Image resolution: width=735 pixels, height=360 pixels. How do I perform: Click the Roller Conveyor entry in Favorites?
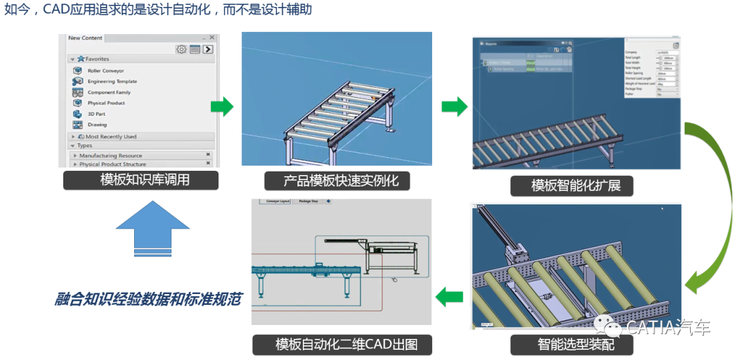point(105,71)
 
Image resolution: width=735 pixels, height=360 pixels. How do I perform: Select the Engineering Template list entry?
point(112,82)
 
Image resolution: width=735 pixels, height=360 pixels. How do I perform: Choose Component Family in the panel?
point(109,93)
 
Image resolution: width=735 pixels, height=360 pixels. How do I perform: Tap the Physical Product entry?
point(106,103)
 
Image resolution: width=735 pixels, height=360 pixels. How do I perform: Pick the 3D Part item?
point(96,114)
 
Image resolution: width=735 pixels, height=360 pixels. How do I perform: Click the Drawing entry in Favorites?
point(97,125)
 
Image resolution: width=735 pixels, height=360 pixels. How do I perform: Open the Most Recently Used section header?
point(110,137)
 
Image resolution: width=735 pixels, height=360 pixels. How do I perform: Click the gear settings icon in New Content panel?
point(181,49)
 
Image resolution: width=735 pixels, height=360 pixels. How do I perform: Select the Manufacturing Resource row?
point(110,156)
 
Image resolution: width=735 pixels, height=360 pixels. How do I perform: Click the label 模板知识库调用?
point(140,180)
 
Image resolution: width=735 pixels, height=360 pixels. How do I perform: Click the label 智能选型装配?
point(571,344)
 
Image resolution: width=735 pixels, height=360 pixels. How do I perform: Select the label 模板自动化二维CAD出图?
point(342,344)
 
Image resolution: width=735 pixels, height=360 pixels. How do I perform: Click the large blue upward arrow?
point(153,228)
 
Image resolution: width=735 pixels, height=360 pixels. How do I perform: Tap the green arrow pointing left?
point(449,296)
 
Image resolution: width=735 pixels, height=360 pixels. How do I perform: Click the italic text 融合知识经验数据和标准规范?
point(148,299)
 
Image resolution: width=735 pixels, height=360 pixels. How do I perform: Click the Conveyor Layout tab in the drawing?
point(278,201)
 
